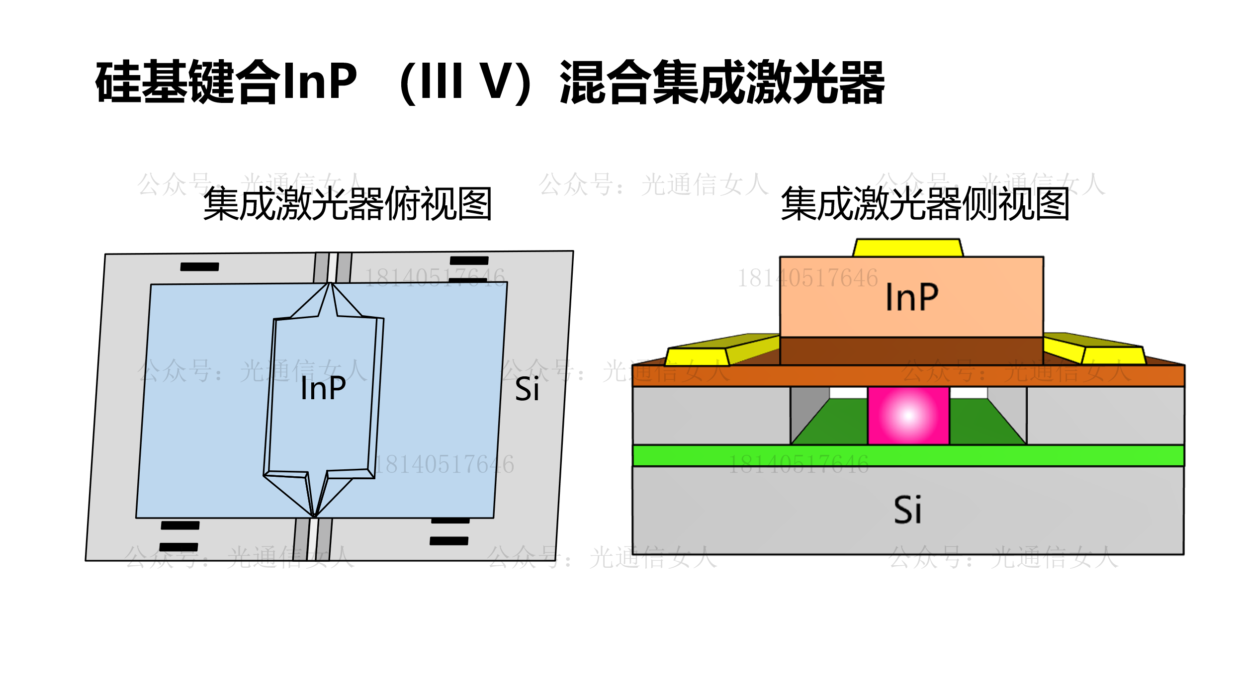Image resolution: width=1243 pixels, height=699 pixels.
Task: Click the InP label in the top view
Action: pos(323,388)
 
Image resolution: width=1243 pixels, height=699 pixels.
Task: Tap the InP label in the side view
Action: pos(912,297)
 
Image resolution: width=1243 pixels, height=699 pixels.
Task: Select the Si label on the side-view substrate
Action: pos(907,510)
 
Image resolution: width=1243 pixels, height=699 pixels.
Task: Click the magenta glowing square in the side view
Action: pos(908,416)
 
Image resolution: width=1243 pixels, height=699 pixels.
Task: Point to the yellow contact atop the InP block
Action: pos(908,248)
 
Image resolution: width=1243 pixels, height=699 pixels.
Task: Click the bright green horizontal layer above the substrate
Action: pos(908,455)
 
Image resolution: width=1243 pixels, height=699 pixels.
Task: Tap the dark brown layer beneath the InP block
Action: pos(911,351)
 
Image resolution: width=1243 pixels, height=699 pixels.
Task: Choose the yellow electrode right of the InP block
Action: pos(1114,355)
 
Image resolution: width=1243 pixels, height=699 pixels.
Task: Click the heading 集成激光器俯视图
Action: pos(348,204)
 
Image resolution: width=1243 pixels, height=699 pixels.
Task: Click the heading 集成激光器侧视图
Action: pos(925,204)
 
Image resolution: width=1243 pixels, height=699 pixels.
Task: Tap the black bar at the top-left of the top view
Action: pos(199,267)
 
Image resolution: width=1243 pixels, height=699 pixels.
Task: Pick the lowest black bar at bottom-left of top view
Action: pos(178,547)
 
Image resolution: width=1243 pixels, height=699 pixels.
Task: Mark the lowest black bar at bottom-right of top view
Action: pos(449,541)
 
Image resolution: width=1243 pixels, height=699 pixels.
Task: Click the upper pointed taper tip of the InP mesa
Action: pos(331,284)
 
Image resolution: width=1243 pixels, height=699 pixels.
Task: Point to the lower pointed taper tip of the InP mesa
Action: pos(314,515)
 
